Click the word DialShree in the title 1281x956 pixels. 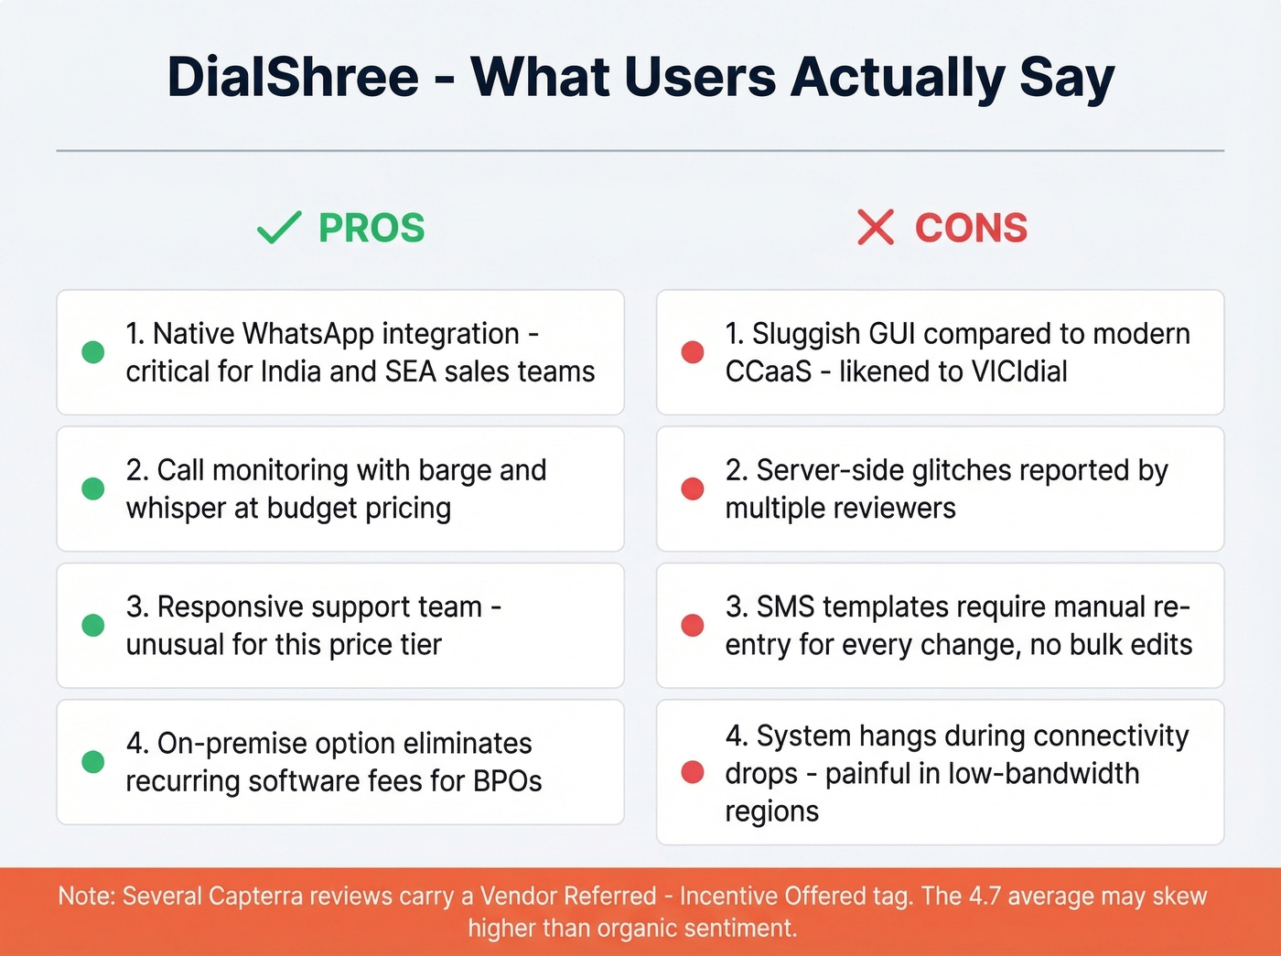pos(293,77)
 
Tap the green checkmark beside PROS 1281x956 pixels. pos(279,227)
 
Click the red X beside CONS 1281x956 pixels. pos(876,227)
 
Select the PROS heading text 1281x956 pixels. pos(371,228)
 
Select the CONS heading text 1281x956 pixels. pos(971,228)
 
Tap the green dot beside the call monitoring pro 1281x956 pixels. pos(93,489)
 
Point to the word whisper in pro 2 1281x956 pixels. pos(177,509)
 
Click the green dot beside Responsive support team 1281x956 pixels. pos(93,625)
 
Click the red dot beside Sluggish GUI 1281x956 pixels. pos(693,352)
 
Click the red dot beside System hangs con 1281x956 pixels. pos(693,772)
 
